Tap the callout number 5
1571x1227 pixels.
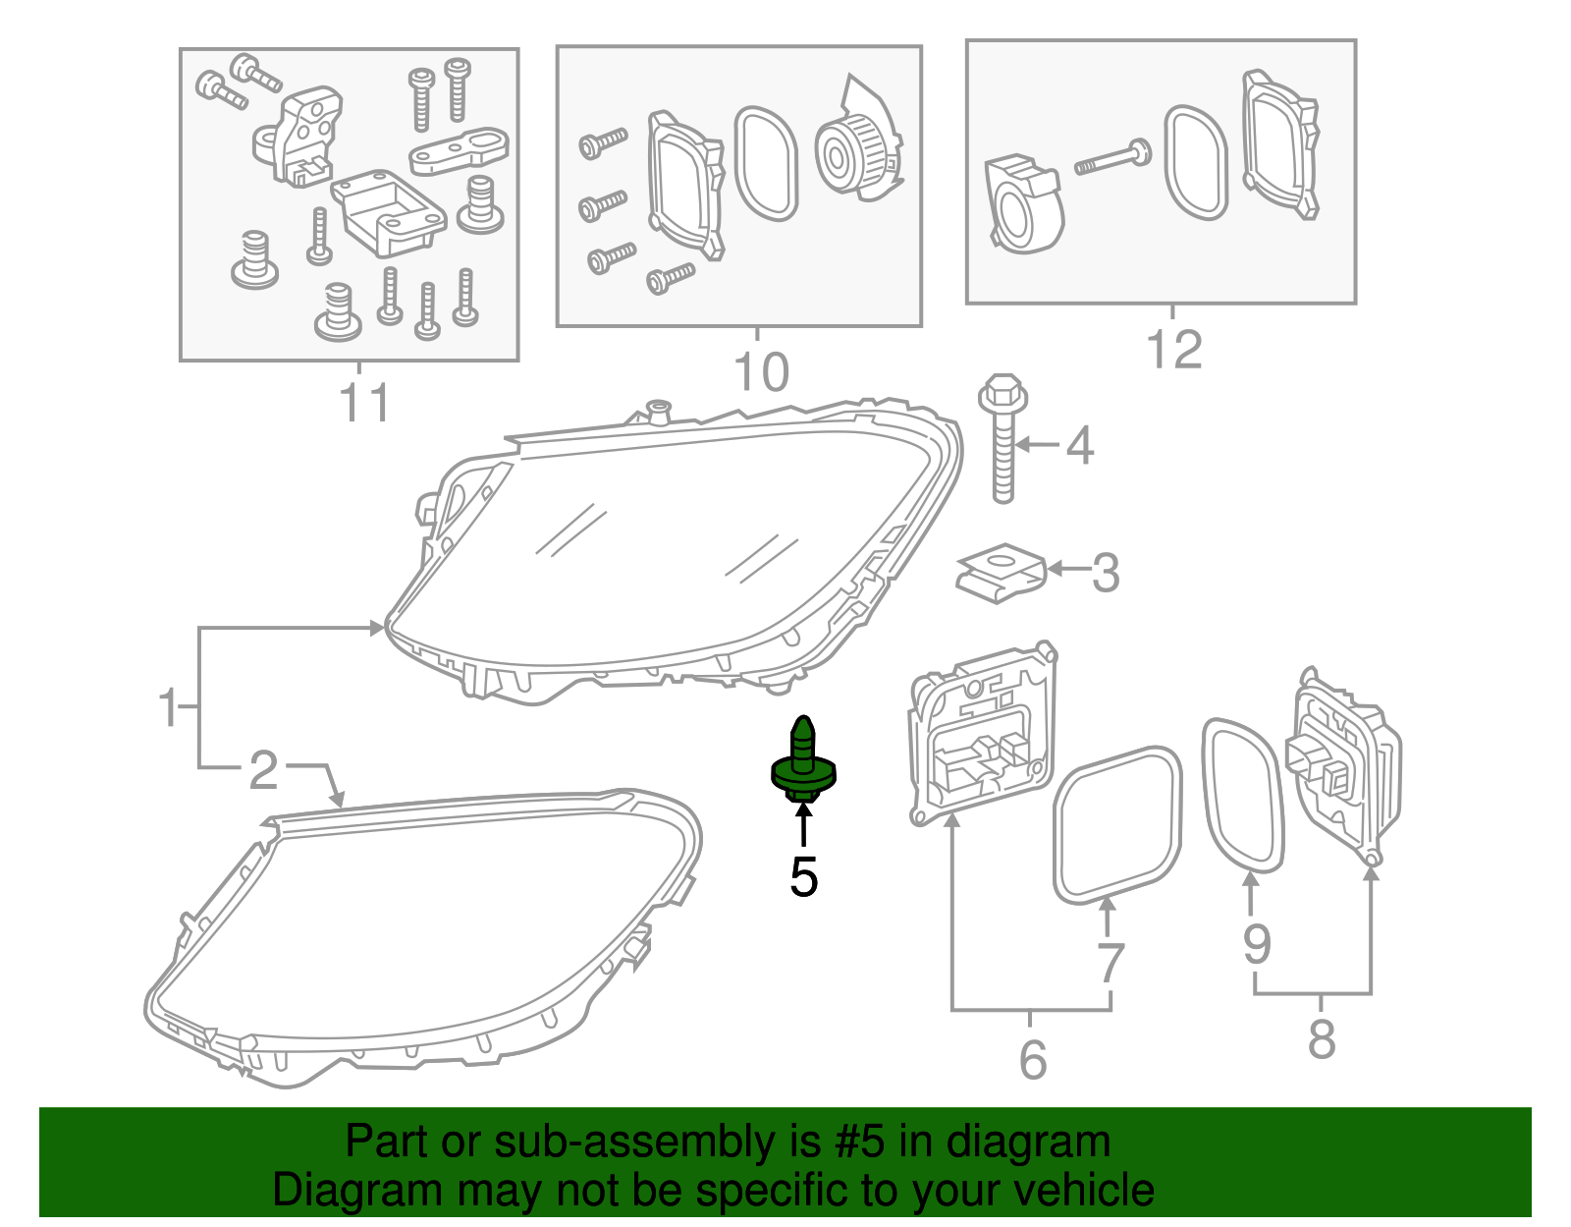[803, 877]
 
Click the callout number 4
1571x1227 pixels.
[1080, 446]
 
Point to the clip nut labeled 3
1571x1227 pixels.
[1000, 574]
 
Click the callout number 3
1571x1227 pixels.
[1106, 573]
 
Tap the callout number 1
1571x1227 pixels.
[169, 707]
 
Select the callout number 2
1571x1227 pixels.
[263, 770]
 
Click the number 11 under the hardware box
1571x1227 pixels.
[364, 403]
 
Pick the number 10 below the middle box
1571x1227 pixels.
[761, 372]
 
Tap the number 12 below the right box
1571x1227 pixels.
[1174, 350]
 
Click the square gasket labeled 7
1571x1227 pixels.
[1117, 825]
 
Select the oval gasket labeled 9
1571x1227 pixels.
[1243, 796]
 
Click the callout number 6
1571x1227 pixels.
[1032, 1059]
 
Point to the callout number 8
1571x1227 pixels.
[1322, 1039]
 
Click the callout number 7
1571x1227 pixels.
[1110, 963]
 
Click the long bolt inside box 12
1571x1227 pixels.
[1113, 158]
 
